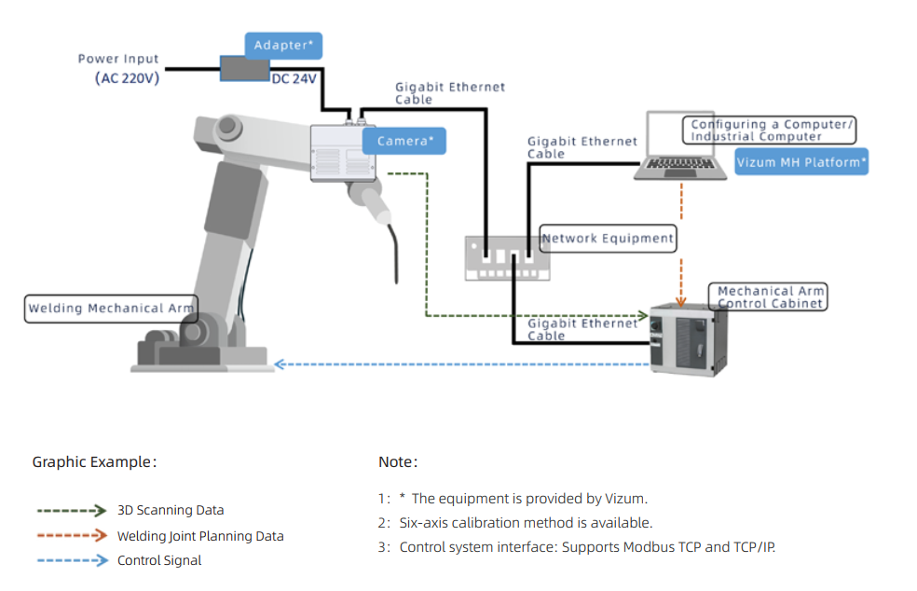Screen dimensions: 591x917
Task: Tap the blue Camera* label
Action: (405, 142)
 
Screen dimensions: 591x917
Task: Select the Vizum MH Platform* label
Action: (801, 162)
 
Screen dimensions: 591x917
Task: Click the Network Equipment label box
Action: (608, 239)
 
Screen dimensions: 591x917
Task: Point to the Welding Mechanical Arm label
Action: (111, 309)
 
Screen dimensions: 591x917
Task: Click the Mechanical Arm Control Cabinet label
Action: (770, 297)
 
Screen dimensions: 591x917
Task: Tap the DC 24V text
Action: (294, 79)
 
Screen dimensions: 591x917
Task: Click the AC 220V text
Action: (128, 78)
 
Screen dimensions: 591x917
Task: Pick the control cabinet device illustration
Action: (688, 339)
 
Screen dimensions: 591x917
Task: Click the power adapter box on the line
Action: (245, 68)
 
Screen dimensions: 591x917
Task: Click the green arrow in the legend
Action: (72, 511)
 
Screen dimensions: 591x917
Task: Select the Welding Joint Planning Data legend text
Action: (200, 536)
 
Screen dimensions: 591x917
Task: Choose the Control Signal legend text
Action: (159, 560)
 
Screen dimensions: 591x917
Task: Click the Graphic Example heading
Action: (94, 462)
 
